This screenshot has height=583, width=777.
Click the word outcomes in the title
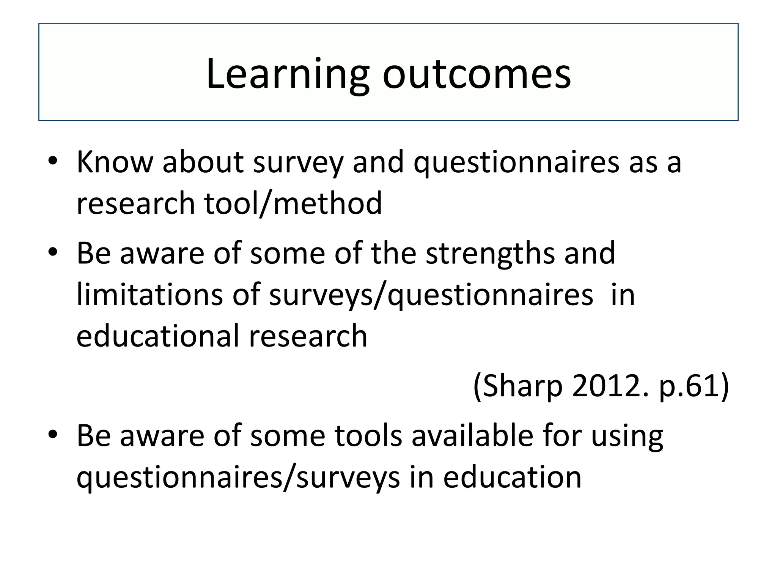click(x=477, y=74)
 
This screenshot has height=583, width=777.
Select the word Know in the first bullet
click(x=115, y=162)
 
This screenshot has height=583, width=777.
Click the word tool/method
click(x=293, y=204)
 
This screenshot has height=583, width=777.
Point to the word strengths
click(x=490, y=254)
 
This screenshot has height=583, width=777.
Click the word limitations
click(x=149, y=295)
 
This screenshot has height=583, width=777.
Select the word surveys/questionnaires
click(x=431, y=296)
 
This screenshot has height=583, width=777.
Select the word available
click(x=472, y=435)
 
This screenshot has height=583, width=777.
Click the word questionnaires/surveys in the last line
click(x=238, y=477)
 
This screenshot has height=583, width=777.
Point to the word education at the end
click(x=512, y=477)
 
